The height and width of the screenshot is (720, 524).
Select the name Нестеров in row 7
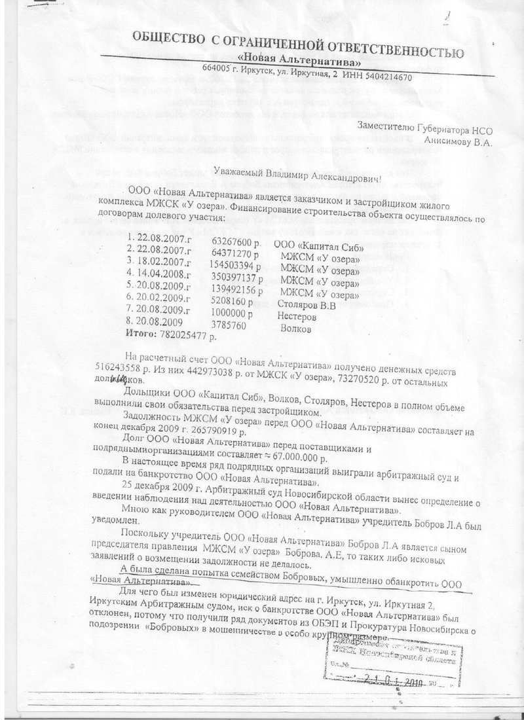click(297, 316)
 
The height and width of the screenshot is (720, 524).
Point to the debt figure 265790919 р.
click(223, 433)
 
